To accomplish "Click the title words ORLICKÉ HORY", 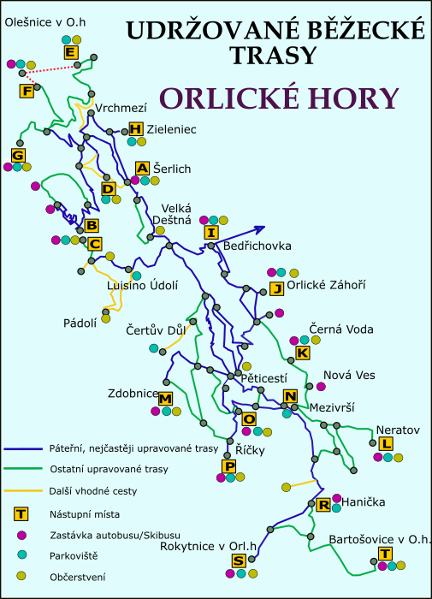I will click(x=280, y=98).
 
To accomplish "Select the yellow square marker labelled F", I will click(x=27, y=91).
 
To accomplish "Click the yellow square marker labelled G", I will click(x=17, y=155).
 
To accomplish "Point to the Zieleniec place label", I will click(x=171, y=129).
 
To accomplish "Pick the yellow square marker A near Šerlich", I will click(x=143, y=168).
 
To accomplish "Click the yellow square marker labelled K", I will click(x=302, y=353).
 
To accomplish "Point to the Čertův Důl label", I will click(x=155, y=330).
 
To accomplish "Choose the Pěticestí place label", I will click(x=263, y=377).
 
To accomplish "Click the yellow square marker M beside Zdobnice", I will click(x=166, y=399).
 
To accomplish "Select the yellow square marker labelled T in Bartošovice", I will click(x=384, y=554).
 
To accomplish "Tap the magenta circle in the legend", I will click(x=21, y=535).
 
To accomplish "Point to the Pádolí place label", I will click(x=80, y=323).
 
